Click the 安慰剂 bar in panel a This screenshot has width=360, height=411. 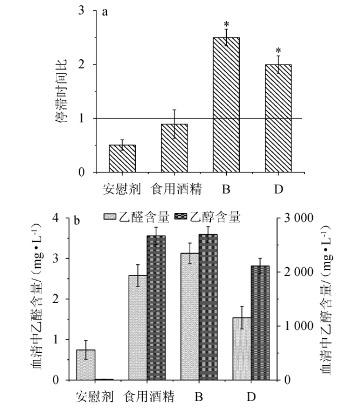122,159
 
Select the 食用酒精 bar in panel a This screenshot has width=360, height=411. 174,148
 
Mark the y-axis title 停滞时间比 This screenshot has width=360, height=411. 63,91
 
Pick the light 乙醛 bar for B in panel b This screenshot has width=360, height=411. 190,316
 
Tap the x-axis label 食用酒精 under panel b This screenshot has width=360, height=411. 149,397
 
